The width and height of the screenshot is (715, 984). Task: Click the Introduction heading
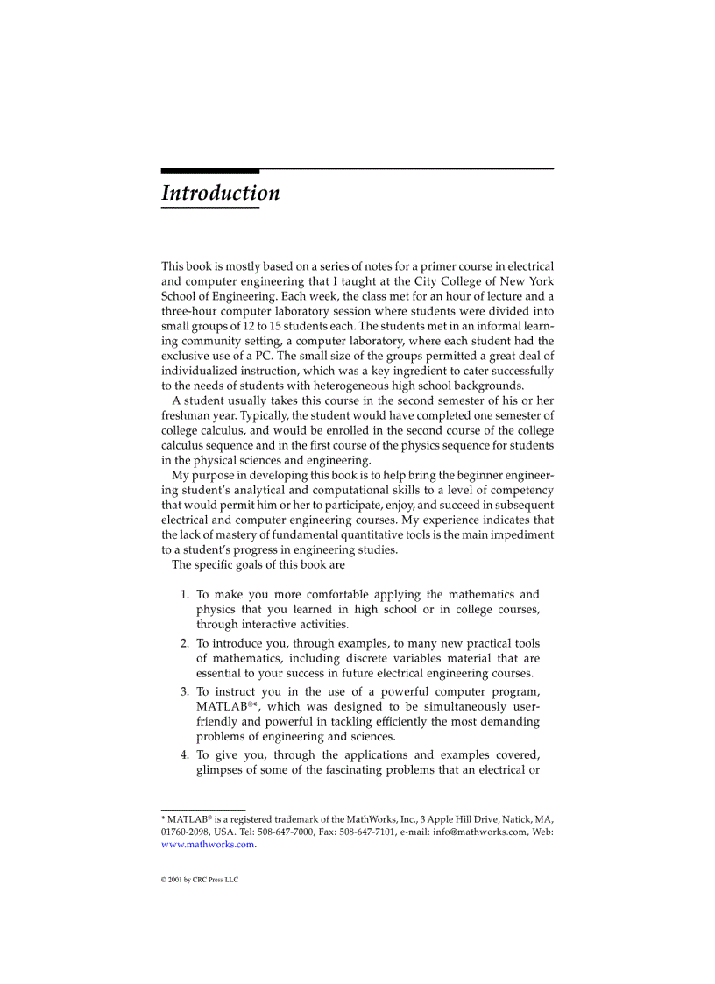pyautogui.click(x=220, y=193)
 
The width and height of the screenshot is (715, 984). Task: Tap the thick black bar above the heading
pyautogui.click(x=210, y=171)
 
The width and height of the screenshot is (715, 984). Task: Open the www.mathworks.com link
pyautogui.click(x=208, y=845)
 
